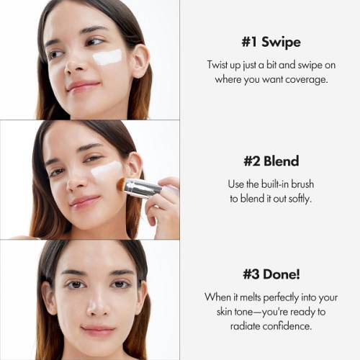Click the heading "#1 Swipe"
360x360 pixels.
270,42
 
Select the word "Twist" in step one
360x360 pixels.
220,64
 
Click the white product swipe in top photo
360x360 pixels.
107,57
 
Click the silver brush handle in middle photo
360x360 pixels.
143,189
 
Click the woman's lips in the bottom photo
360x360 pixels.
97,331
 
